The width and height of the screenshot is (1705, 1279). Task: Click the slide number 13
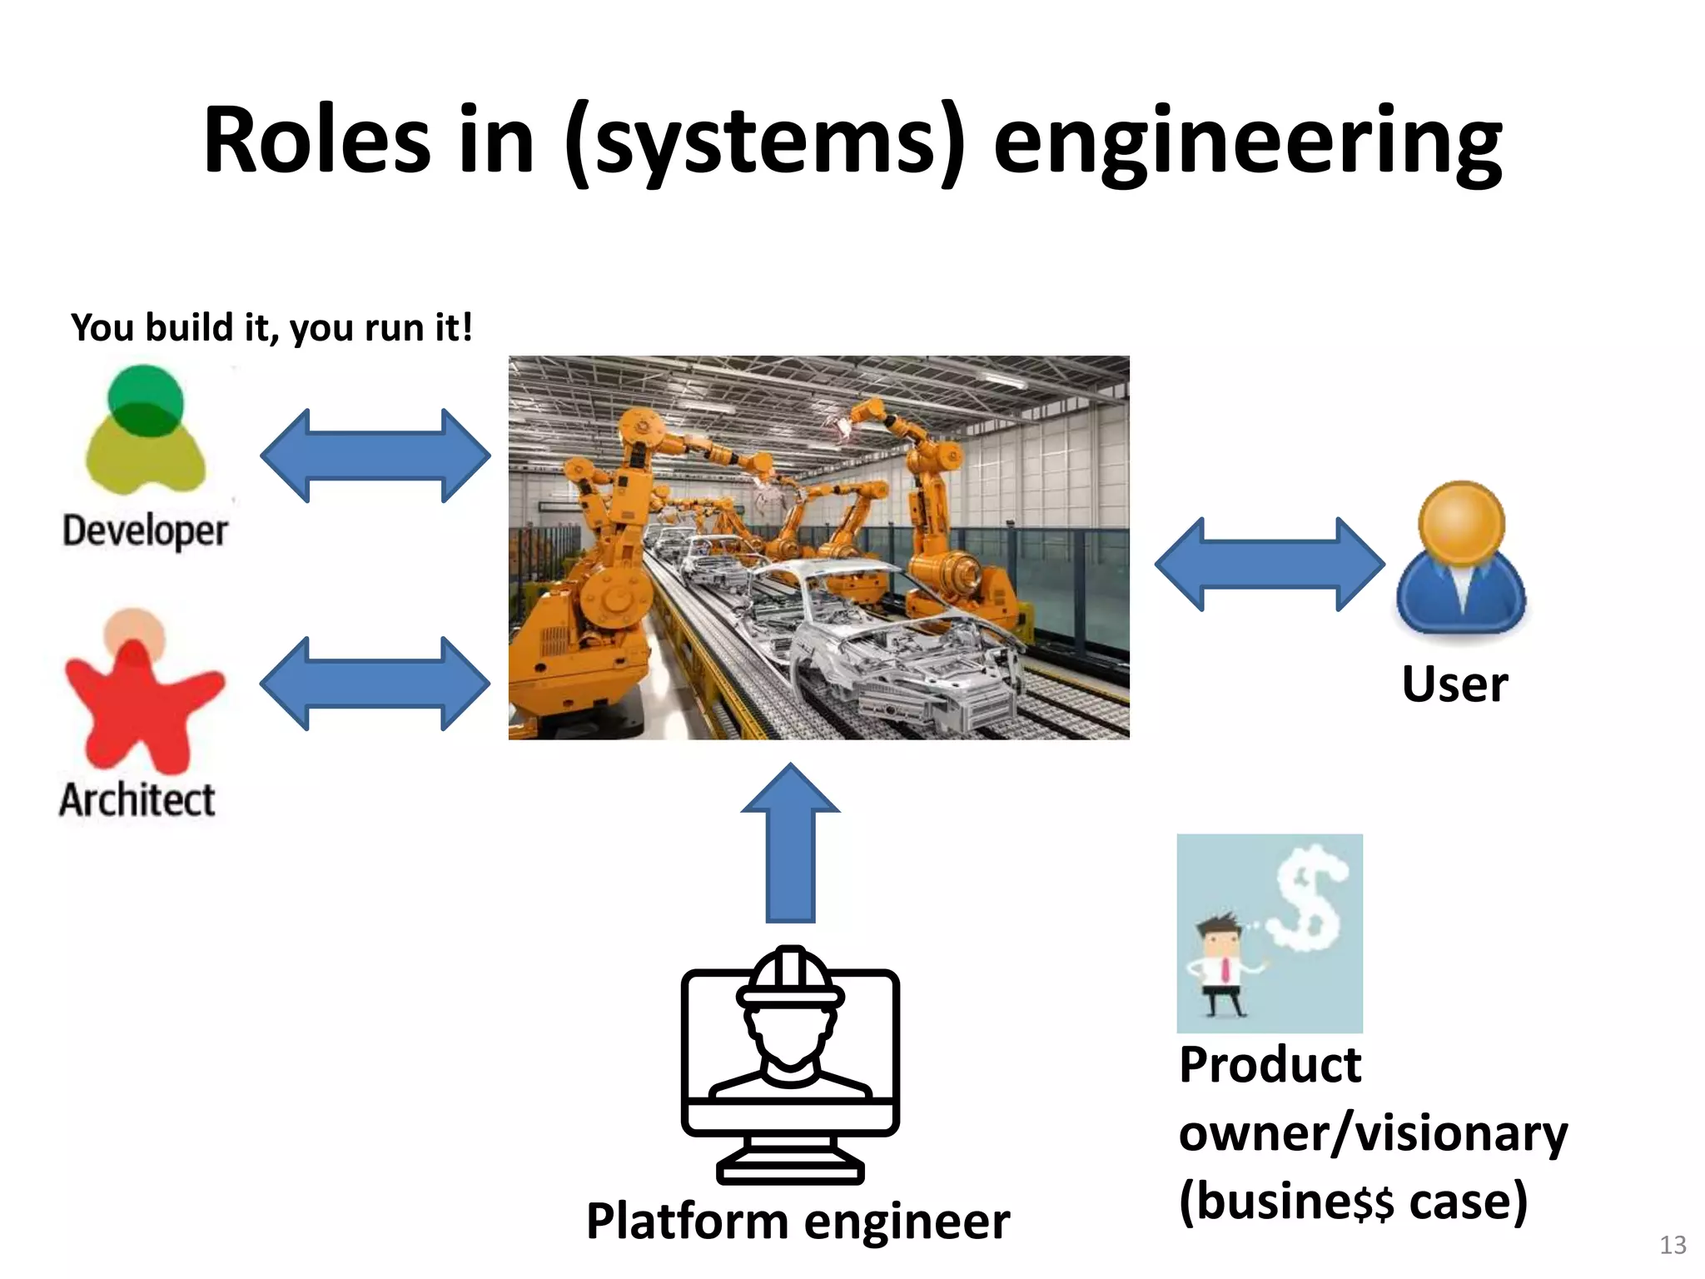1672,1244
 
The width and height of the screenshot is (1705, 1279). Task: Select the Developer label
145,531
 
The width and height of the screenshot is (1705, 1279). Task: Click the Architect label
137,800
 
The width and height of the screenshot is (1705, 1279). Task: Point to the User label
1454,684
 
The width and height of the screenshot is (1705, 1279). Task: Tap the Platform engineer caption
798,1222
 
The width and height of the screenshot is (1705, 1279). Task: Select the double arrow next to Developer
375,455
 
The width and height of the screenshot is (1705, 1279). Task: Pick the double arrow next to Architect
375,684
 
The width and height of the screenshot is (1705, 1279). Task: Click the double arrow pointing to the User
1269,565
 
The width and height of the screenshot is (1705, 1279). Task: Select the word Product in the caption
1270,1065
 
